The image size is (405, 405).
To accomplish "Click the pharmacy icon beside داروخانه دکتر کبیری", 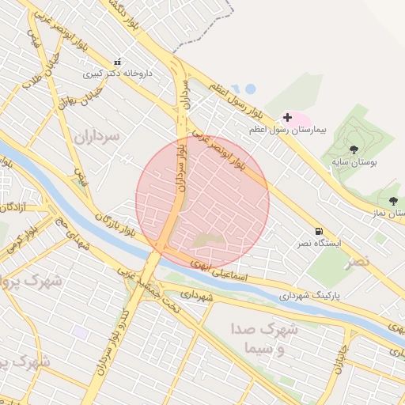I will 118,62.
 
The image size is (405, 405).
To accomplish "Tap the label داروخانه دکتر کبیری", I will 118,74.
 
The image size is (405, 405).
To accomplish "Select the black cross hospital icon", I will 287,117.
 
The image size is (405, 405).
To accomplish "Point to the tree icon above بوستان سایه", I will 354,149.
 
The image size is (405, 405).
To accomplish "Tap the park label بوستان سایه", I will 353,161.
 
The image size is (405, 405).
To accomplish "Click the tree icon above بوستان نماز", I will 394,201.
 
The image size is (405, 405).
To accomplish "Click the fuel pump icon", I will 319,231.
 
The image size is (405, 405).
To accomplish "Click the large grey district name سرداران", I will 97,136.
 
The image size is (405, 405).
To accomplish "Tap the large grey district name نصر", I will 363,260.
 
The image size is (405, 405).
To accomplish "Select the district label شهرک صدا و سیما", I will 264,338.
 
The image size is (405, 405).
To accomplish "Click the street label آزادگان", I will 13,207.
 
